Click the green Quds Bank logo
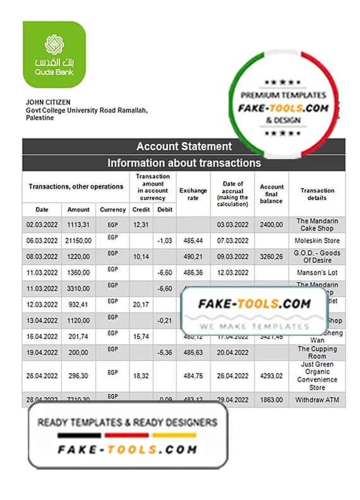54,54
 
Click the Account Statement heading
184,146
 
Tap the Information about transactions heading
184,163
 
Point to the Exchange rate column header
193,194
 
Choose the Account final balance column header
272,194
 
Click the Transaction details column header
317,194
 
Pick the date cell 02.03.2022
42,225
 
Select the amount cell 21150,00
79,241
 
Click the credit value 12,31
141,225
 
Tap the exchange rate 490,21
193,257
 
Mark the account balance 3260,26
272,257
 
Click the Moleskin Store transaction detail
317,241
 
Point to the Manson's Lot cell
317,273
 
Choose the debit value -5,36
164,352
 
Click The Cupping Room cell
317,352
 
